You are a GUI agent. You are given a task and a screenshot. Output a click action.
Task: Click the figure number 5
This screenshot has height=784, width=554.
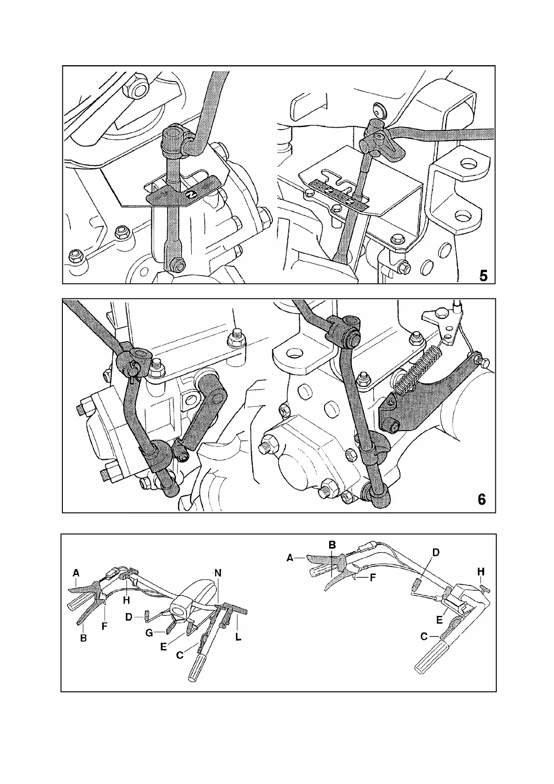coord(484,276)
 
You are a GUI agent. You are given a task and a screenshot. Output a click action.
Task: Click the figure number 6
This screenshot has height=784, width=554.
coord(482,500)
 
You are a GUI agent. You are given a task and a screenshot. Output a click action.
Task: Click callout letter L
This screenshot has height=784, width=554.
coord(238,637)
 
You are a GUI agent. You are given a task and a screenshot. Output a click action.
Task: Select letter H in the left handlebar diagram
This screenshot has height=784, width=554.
coord(126,600)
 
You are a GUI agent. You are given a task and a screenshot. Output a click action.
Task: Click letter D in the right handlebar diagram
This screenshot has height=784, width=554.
coord(436,553)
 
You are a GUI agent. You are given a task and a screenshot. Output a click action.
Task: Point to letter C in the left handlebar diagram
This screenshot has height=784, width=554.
coord(180,655)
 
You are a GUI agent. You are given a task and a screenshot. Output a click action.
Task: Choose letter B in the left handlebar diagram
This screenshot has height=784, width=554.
coord(83,638)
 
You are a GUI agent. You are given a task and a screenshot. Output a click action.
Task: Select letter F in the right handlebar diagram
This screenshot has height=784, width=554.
coord(372,577)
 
